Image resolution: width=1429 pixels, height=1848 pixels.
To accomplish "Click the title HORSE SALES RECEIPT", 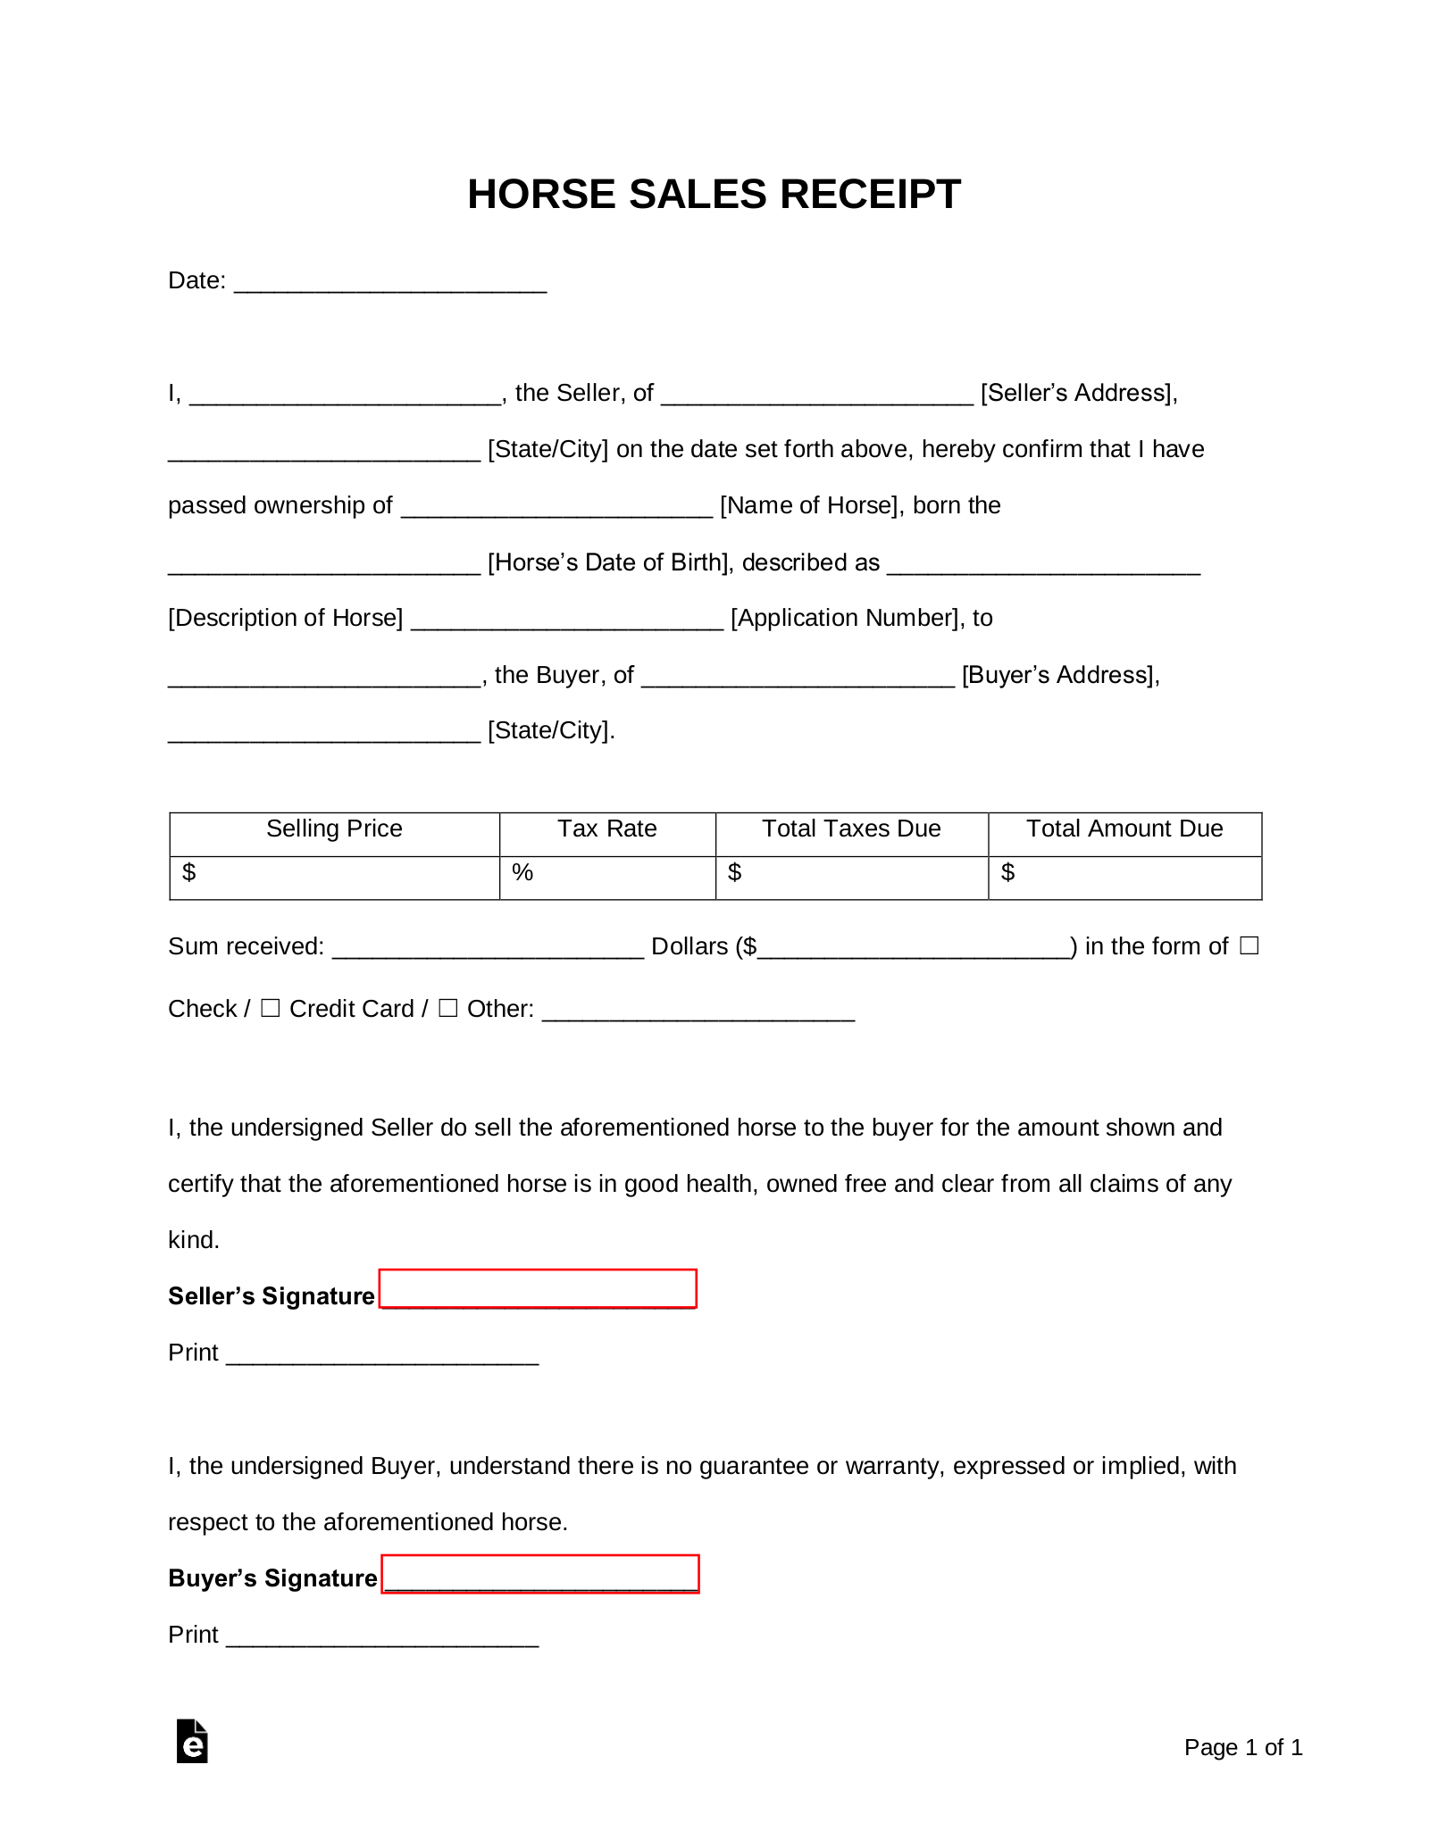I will (714, 194).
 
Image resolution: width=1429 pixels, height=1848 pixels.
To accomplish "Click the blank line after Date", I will (389, 282).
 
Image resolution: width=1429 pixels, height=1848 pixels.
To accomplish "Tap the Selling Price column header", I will (334, 828).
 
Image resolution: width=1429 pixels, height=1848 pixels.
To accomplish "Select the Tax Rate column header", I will (607, 828).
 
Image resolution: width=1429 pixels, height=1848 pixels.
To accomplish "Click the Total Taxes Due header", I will (851, 828).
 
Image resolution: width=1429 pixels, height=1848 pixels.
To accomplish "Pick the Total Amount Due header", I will (1124, 828).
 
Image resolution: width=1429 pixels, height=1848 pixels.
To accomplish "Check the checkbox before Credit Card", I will (270, 1008).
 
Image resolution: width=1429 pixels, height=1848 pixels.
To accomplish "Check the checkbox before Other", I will (448, 1008).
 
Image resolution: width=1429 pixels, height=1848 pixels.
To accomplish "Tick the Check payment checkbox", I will (1249, 945).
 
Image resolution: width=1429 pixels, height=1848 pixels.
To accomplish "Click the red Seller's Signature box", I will (538, 1288).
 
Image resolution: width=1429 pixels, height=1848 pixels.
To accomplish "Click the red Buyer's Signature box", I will (540, 1574).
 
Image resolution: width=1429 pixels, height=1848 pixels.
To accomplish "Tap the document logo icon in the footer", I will (192, 1741).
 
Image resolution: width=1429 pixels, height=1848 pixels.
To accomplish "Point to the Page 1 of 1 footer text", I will (1243, 1747).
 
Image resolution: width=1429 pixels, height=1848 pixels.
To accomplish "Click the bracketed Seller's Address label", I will (1079, 393).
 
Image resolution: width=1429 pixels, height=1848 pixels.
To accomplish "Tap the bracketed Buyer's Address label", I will (1060, 675).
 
